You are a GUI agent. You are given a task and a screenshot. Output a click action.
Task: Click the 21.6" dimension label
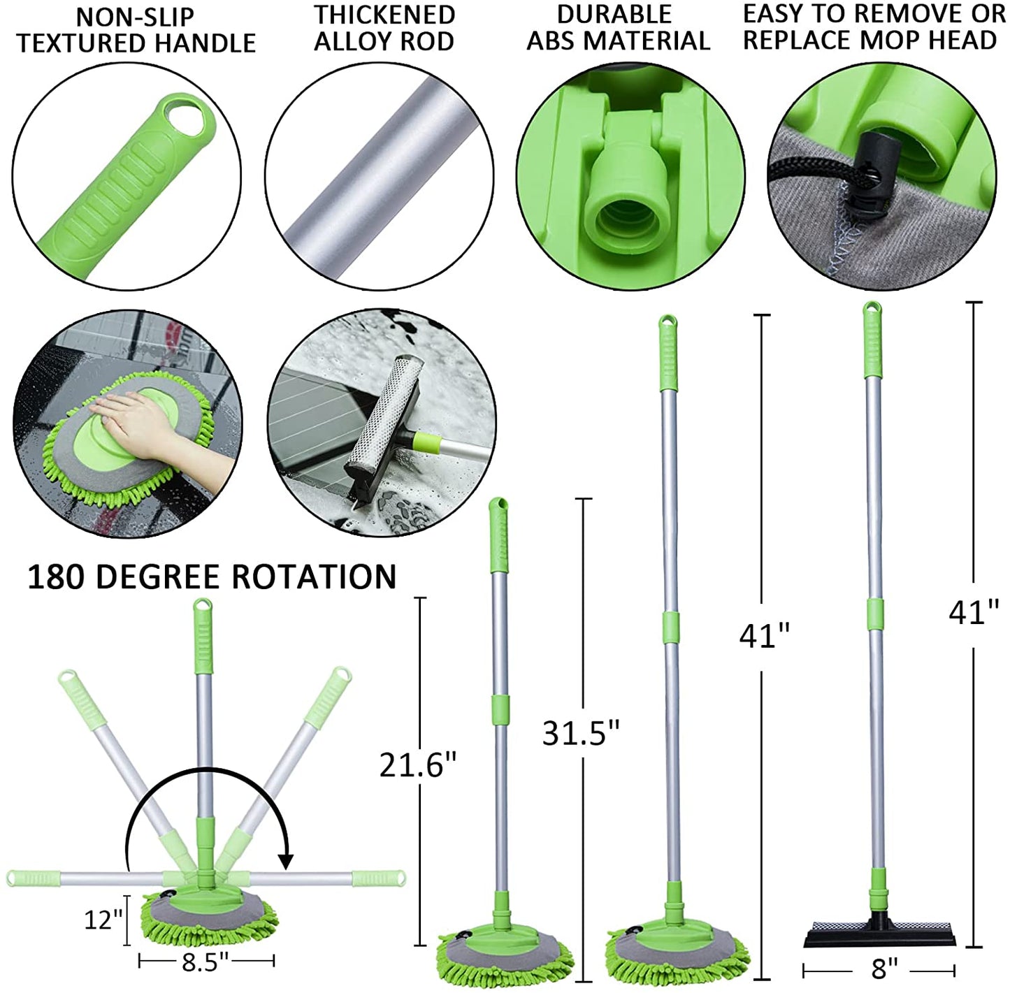pyautogui.click(x=418, y=766)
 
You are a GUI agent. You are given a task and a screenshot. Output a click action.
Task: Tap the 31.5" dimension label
pyautogui.click(x=581, y=733)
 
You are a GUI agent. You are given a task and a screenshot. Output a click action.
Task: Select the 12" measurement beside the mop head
pyautogui.click(x=103, y=919)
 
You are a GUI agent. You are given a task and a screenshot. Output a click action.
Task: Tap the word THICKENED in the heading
pyautogui.click(x=384, y=15)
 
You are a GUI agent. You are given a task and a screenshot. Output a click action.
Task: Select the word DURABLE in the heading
pyautogui.click(x=614, y=14)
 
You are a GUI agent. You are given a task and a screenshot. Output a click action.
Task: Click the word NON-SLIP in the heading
pyautogui.click(x=135, y=17)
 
